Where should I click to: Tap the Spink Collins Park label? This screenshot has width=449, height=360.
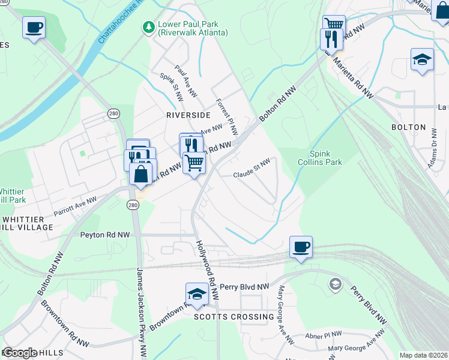[x=325, y=158]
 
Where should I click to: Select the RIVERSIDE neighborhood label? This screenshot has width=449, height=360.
[x=188, y=115]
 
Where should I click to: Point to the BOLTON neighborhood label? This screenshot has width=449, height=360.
[x=408, y=127]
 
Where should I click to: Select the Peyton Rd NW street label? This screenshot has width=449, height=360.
[x=105, y=235]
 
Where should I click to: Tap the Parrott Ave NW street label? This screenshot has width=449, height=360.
[x=75, y=206]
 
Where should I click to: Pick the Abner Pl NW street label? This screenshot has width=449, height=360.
[x=324, y=335]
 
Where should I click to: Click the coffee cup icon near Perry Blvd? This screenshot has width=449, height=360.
[x=300, y=247]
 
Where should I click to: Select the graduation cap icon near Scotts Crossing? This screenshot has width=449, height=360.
[x=196, y=294]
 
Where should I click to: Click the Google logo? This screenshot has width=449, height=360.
[x=20, y=353]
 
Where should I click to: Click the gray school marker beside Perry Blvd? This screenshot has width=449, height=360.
[x=335, y=283]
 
